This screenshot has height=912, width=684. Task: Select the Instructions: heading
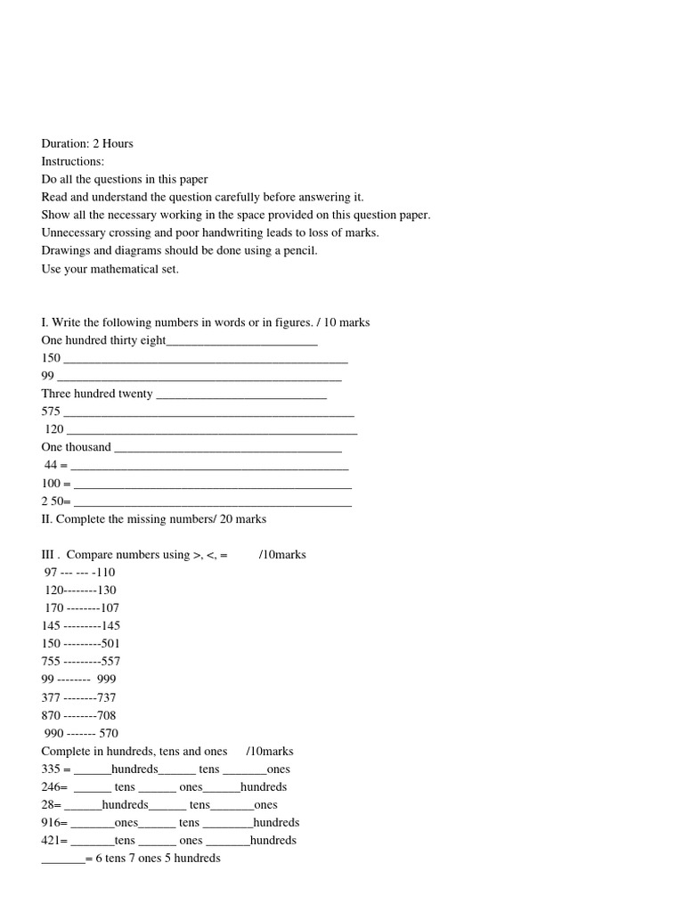(72, 161)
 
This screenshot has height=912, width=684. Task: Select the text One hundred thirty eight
(103, 340)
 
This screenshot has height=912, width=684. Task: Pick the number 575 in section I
(51, 411)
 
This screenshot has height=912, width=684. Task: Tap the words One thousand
(76, 447)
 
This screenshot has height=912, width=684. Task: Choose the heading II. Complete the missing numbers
(153, 518)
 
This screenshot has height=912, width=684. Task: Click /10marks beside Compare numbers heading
(282, 554)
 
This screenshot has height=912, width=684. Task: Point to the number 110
(106, 572)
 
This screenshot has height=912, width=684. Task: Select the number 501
(110, 643)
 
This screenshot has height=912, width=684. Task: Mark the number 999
(107, 679)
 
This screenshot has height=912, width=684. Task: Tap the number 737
(106, 697)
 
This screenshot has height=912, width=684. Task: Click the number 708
(106, 715)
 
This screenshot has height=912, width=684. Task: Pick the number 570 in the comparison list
(109, 733)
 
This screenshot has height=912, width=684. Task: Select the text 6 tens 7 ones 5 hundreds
(158, 858)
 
